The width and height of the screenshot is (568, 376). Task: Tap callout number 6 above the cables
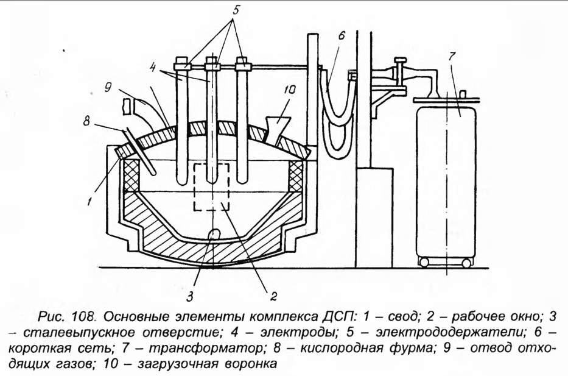342,36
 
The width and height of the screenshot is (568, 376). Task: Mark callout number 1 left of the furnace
90,199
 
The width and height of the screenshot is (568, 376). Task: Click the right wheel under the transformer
466,263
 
